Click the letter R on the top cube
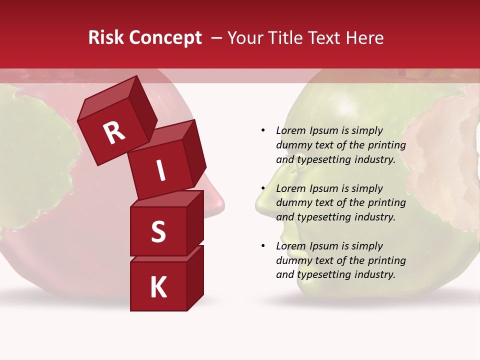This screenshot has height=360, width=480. click(114, 132)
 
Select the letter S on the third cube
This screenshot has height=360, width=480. click(158, 231)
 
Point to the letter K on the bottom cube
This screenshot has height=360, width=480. click(158, 287)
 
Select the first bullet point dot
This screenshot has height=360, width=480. click(263, 130)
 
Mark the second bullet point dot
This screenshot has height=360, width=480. click(263, 188)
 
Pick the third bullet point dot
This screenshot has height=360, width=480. click(263, 246)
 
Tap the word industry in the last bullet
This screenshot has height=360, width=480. click(375, 274)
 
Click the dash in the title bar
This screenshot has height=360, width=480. click(217, 38)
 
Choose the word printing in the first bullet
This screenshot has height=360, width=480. click(386, 145)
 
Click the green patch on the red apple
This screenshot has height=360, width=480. click(35, 160)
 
